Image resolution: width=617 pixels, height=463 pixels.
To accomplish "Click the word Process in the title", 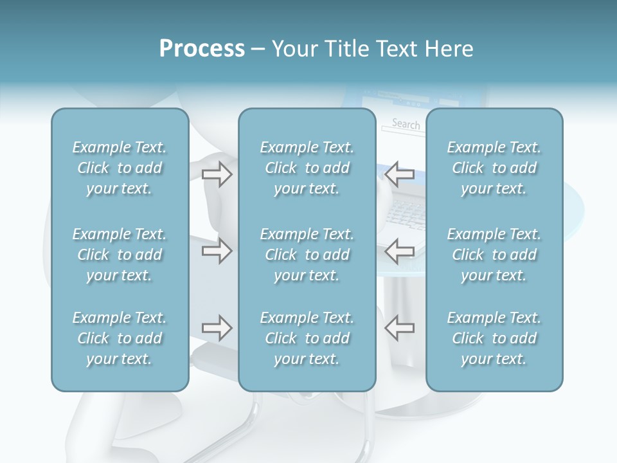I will [x=202, y=49].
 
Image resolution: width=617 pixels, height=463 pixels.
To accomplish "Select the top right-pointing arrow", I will [x=217, y=174].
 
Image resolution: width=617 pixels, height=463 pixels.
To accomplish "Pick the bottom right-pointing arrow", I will [x=217, y=328].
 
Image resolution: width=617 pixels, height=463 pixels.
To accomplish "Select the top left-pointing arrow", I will [x=399, y=174].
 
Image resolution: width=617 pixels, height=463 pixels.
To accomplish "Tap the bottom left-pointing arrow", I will [x=399, y=328].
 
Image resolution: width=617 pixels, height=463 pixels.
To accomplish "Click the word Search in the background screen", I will [x=406, y=123].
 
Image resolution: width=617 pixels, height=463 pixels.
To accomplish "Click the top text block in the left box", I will [x=120, y=168].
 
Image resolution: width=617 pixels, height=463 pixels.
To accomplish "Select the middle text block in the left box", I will [x=120, y=255].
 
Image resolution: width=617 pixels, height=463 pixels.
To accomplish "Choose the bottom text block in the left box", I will [x=120, y=338].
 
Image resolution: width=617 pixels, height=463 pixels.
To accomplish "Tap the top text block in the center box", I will [x=307, y=168].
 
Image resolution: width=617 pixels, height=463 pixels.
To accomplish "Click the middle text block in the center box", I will [x=307, y=255].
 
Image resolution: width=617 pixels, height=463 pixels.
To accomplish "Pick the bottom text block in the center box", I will [x=307, y=338].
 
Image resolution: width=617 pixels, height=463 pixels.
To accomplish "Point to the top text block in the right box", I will [x=494, y=168].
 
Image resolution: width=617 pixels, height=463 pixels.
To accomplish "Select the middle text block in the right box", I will [x=494, y=255].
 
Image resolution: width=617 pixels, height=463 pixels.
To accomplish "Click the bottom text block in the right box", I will [x=494, y=338].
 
